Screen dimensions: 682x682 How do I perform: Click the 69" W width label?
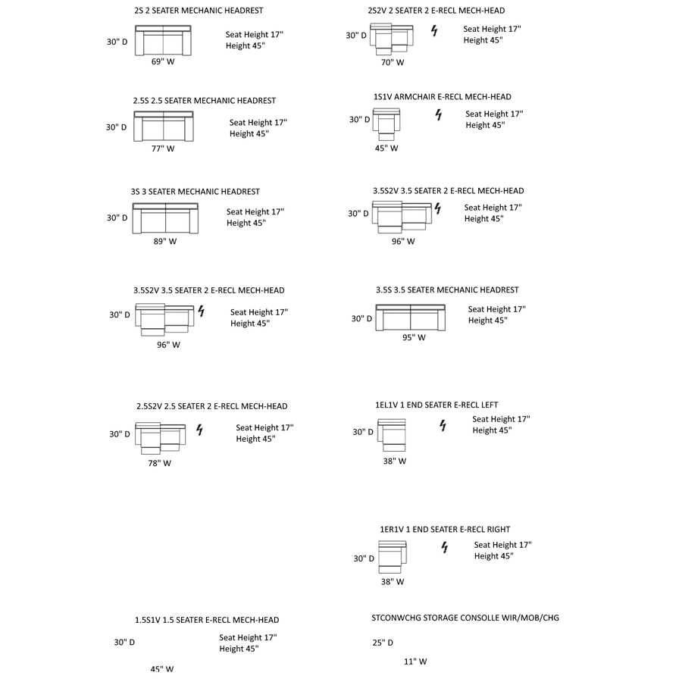point(162,62)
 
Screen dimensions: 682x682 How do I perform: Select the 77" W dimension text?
point(162,149)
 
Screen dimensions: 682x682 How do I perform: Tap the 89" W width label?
point(164,242)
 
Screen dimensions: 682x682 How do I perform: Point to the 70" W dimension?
point(393,63)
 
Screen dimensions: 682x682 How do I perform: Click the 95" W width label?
point(414,338)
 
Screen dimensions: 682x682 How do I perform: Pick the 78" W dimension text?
point(159,463)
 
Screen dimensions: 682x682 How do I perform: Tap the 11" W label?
point(415,662)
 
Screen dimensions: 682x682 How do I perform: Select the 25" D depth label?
point(383,643)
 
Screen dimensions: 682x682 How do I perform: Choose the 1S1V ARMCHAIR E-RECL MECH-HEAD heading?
point(443,97)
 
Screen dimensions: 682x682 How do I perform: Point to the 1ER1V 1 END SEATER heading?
point(445,529)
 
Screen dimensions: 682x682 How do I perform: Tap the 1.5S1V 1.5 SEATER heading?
point(207,620)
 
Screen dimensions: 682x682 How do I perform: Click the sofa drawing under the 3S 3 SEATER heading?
point(165,218)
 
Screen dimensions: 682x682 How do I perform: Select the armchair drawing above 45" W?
point(387,121)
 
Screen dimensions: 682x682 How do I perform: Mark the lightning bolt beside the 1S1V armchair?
point(438,115)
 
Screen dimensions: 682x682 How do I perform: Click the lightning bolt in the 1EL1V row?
point(443,426)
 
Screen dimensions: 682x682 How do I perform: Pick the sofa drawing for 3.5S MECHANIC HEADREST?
point(411,318)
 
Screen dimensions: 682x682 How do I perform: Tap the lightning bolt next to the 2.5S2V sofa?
point(200,430)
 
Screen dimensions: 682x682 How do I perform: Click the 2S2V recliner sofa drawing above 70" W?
point(392,39)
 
